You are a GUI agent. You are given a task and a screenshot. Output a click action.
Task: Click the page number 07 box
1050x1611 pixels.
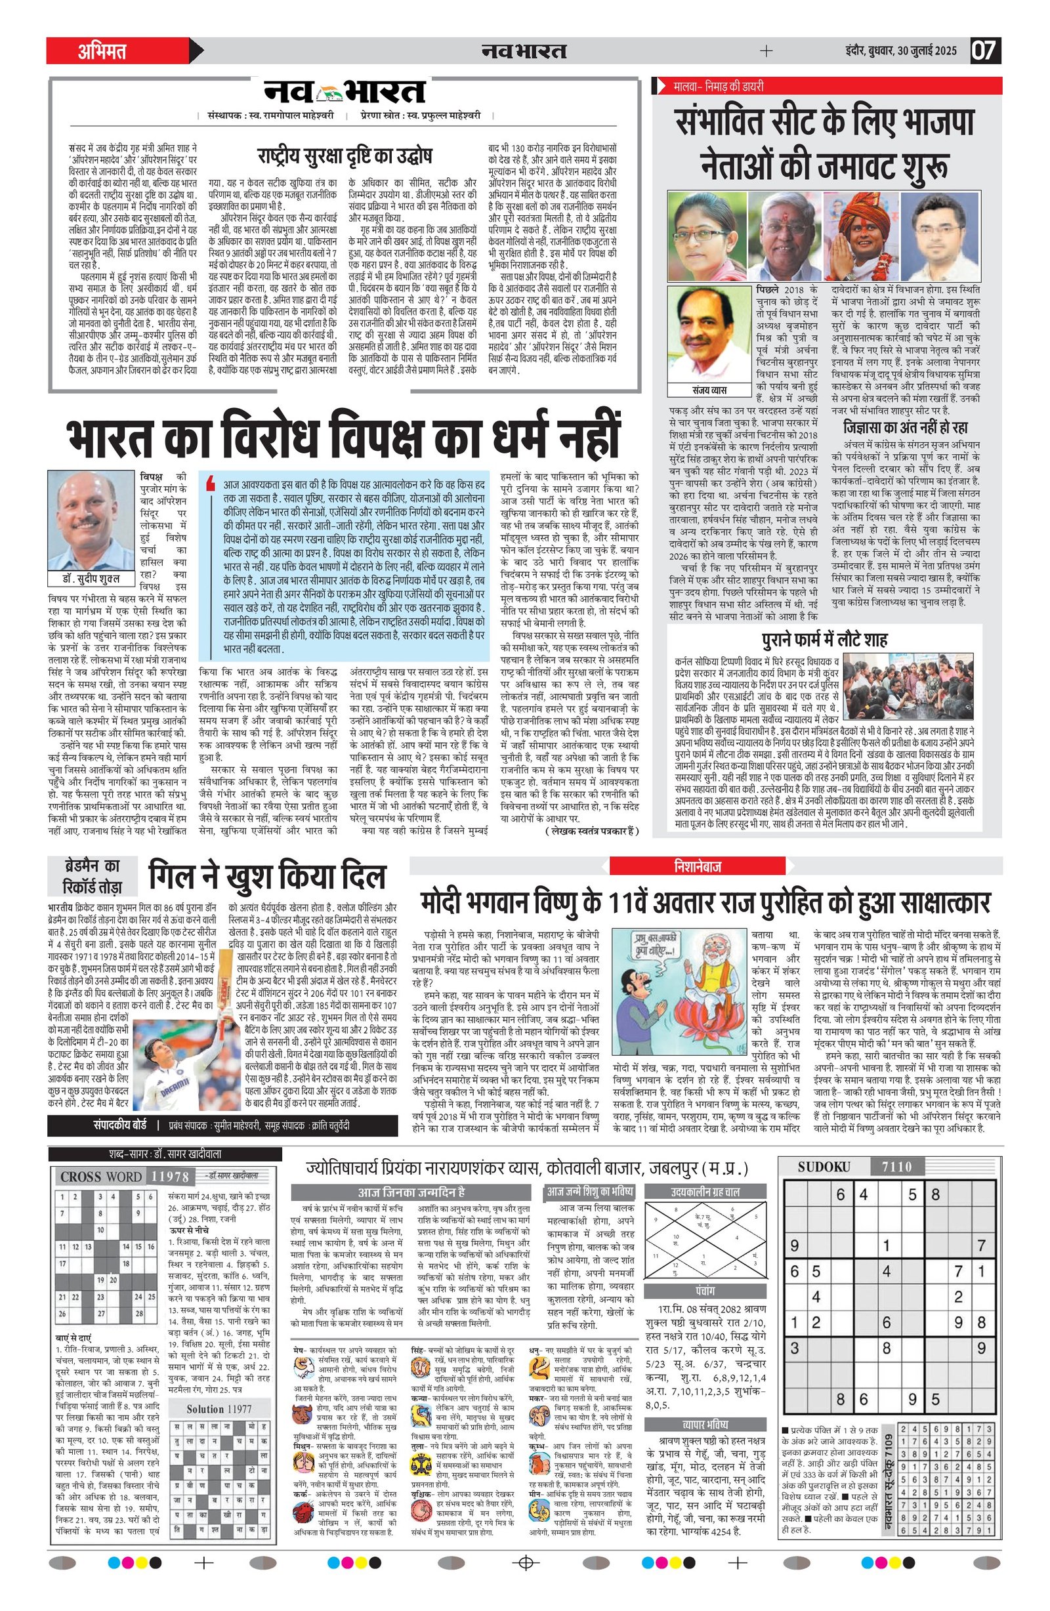[x=986, y=51]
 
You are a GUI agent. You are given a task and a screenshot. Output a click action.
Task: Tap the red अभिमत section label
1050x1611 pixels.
[x=102, y=51]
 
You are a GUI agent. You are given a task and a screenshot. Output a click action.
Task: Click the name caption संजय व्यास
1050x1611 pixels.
[x=709, y=390]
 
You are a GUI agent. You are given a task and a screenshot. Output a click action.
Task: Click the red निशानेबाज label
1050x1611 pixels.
[x=698, y=866]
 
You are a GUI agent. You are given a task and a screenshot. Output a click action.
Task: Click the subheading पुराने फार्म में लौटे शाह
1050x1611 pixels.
[x=824, y=640]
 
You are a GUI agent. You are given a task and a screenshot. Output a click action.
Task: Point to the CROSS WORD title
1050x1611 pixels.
[x=102, y=1177]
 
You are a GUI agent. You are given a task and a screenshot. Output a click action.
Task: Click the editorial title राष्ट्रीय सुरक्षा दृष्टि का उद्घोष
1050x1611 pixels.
[x=345, y=157]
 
